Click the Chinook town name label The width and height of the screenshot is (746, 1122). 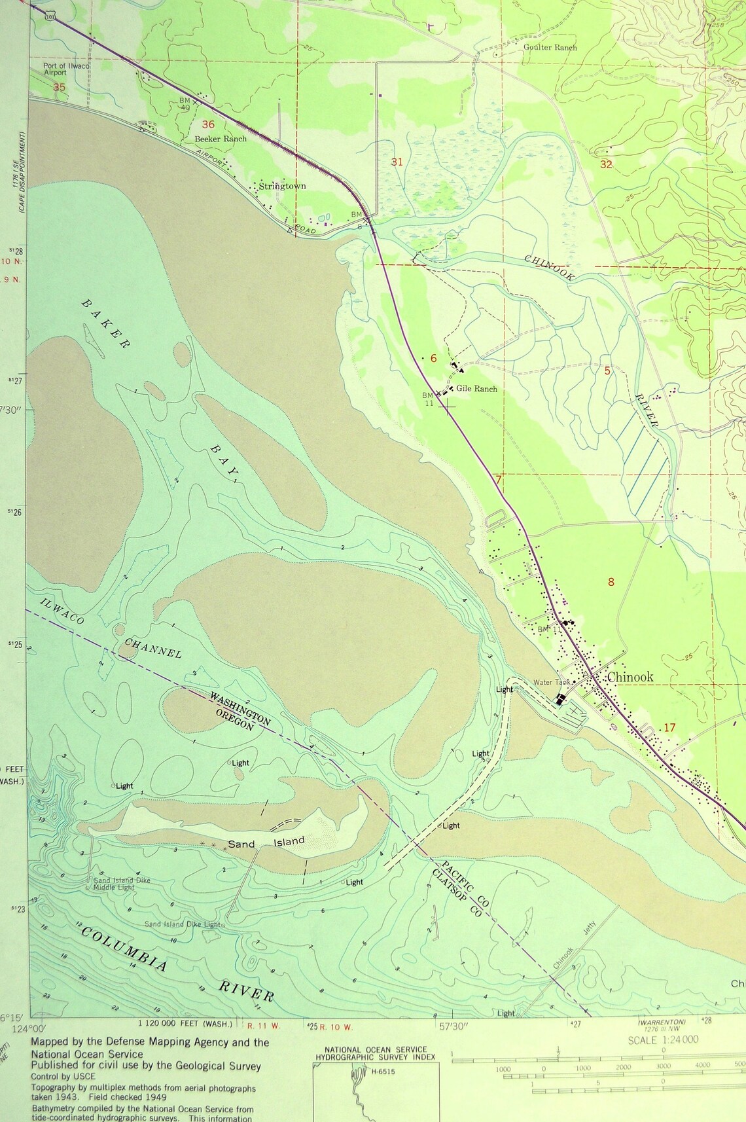coord(630,677)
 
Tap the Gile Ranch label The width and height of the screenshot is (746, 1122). coord(476,389)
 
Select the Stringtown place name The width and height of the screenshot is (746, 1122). coord(282,186)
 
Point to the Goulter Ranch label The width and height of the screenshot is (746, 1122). coord(550,47)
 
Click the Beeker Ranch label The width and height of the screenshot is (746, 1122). coord(221,139)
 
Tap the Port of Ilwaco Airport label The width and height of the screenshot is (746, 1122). coord(66,69)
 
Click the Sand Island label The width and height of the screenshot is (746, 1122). coord(266,843)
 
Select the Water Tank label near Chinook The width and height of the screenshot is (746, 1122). coord(552,682)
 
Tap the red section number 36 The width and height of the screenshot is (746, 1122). coord(208,124)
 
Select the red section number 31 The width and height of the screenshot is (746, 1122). coord(397,162)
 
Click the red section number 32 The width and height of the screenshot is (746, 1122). coord(606,164)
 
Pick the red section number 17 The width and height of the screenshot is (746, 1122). coord(669,727)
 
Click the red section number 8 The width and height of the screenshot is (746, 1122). coord(611,582)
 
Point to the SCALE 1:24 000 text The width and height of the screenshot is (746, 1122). coord(663,1040)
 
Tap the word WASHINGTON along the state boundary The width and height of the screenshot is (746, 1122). coord(240,709)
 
